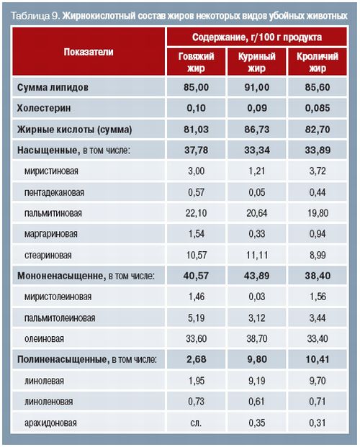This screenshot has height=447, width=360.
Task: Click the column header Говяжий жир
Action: pos(196,62)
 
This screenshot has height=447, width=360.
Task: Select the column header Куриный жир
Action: pos(257,62)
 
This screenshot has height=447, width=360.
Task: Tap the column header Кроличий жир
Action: pos(318,62)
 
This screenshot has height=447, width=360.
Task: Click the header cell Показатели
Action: pos(89,52)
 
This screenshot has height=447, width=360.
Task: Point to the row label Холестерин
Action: pos(44,108)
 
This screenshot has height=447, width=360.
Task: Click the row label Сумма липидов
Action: pos(53,87)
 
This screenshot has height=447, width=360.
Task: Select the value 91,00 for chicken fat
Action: pos(257,87)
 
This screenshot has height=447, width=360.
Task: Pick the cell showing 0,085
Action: pos(318,108)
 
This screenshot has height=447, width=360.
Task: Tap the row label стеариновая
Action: pos(48,255)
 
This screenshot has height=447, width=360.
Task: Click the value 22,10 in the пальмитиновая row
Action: pos(196,213)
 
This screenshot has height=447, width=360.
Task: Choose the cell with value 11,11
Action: pos(257,255)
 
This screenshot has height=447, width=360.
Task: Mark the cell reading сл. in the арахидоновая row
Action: pos(196,423)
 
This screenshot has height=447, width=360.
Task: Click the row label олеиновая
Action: pos(44,339)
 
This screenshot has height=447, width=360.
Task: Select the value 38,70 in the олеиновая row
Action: pos(257,339)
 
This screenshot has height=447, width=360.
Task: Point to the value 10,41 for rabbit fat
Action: pos(318,359)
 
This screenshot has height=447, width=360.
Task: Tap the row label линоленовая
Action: pos(48,402)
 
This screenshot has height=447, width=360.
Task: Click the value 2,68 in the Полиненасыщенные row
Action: pos(196,359)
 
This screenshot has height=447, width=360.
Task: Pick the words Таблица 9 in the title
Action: pos(35,16)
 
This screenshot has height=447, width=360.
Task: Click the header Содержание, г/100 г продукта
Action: pos(257,37)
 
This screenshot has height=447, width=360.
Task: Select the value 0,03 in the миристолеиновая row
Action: pos(257,297)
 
